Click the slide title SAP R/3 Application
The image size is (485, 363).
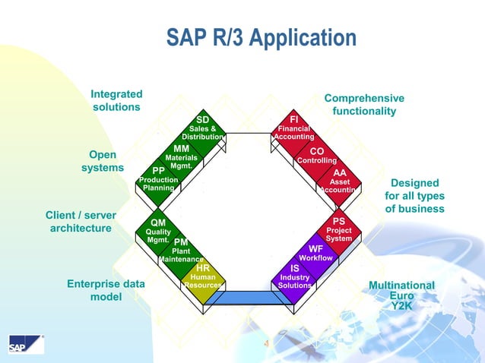(261, 38)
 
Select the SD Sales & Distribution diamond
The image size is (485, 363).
(202, 128)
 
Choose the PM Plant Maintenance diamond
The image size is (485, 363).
(180, 251)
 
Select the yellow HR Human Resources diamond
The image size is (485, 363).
(203, 276)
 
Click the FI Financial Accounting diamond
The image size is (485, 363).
(293, 128)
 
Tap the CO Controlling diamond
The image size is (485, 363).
(316, 156)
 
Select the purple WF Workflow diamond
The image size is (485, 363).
(316, 253)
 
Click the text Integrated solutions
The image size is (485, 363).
(116, 100)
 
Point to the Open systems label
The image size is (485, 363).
(103, 161)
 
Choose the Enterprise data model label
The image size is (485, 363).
(106, 290)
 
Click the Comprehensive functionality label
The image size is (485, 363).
(364, 105)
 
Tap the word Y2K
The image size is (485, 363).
(401, 305)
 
